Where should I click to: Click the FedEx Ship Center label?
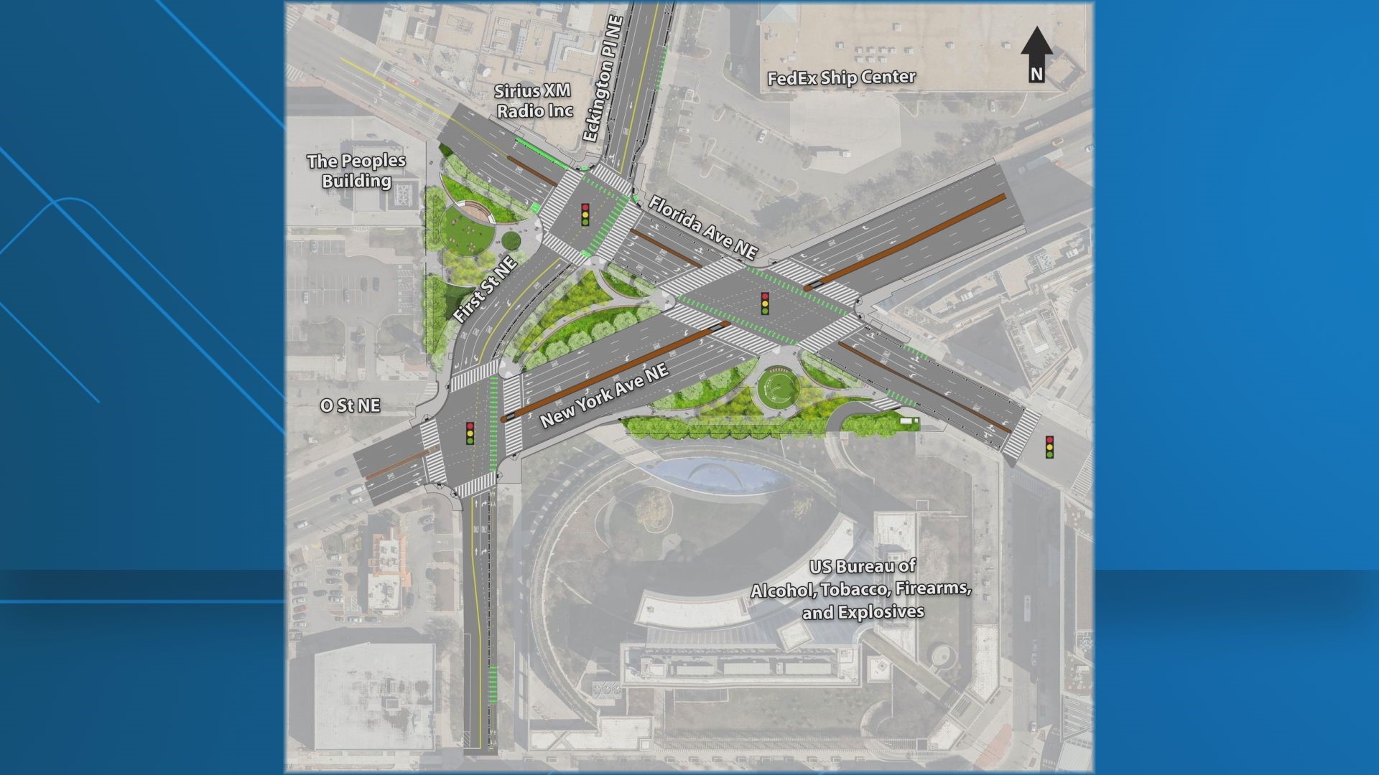[x=841, y=77]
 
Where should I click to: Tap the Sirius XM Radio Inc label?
[x=534, y=100]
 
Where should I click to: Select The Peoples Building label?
[x=356, y=171]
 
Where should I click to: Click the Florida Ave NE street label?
[x=703, y=227]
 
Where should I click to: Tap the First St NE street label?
[x=486, y=288]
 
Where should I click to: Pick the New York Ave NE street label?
[x=604, y=395]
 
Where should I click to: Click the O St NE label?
[x=350, y=405]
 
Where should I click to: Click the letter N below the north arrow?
[x=1036, y=74]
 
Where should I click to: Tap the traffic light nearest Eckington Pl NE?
[x=585, y=215]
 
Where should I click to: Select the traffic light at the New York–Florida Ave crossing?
[x=766, y=303]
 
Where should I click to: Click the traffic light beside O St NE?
[x=470, y=433]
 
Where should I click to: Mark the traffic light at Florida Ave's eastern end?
[x=1049, y=447]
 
